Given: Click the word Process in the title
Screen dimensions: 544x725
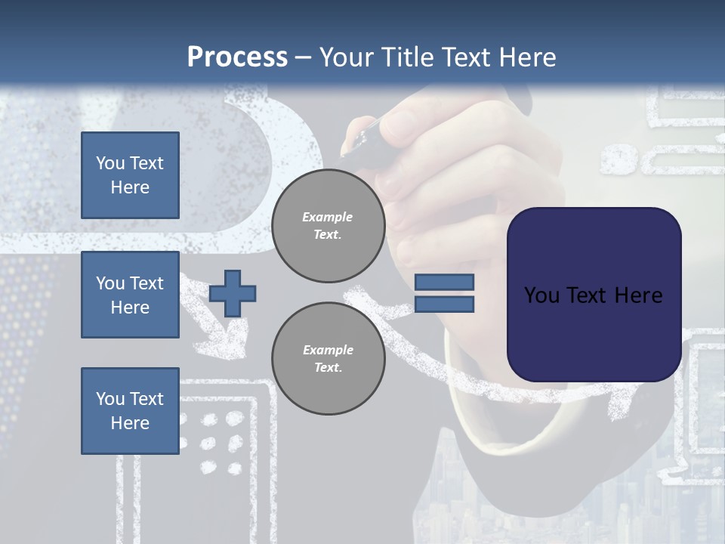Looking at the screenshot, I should click(x=237, y=57).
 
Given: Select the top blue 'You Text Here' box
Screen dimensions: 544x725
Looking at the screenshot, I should click(x=130, y=175).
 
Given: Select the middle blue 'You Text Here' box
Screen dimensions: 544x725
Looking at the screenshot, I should click(x=130, y=295).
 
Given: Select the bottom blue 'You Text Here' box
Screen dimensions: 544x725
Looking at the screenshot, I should click(x=130, y=411).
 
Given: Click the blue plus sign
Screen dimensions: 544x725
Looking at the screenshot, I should click(x=233, y=293).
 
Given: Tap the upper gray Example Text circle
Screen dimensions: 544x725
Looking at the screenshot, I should click(x=328, y=226).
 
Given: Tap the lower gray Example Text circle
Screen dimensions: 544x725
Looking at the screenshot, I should click(x=328, y=359).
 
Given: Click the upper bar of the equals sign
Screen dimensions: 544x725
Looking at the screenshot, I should click(x=445, y=283).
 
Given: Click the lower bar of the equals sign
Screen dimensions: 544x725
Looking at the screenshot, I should click(x=445, y=304).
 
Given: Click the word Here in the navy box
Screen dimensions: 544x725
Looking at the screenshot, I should click(x=638, y=295).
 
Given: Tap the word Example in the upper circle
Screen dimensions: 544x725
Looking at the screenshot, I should click(x=327, y=217).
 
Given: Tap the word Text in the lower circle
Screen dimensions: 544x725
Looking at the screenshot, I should click(x=327, y=368).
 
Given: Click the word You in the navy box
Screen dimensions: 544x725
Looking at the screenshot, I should click(x=541, y=295).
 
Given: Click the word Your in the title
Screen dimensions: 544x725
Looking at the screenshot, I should click(x=347, y=57).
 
